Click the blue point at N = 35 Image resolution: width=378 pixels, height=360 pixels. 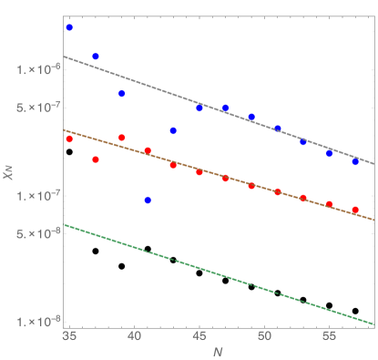pyautogui.click(x=69, y=28)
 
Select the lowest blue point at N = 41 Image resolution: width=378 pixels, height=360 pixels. pyautogui.click(x=148, y=200)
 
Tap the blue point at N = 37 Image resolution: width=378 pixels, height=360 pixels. pyautogui.click(x=96, y=57)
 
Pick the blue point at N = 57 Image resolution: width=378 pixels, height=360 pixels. pyautogui.click(x=355, y=161)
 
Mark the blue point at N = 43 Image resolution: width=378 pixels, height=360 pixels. pyautogui.click(x=173, y=130)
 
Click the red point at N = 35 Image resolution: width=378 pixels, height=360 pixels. pyautogui.click(x=69, y=139)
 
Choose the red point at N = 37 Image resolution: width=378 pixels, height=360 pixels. pyautogui.click(x=96, y=159)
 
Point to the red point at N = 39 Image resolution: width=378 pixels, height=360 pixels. pyautogui.click(x=121, y=138)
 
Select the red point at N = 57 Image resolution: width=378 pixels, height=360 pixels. pyautogui.click(x=355, y=210)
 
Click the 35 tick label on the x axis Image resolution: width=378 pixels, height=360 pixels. pyautogui.click(x=69, y=336)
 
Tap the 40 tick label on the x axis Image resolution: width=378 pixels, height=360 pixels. pyautogui.click(x=134, y=336)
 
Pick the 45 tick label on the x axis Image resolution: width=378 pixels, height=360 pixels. pyautogui.click(x=199, y=336)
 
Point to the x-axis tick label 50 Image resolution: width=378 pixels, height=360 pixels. pyautogui.click(x=264, y=336)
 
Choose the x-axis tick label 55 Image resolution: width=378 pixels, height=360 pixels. pyautogui.click(x=329, y=336)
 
